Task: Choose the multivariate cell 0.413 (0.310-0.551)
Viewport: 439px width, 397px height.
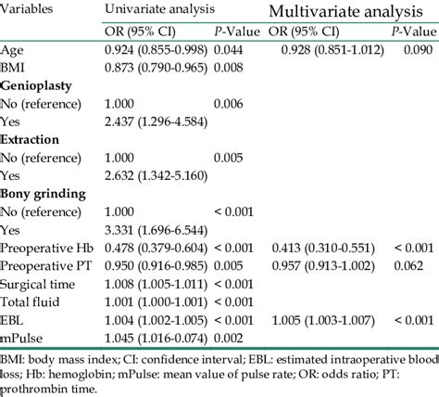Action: (x=316, y=250)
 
